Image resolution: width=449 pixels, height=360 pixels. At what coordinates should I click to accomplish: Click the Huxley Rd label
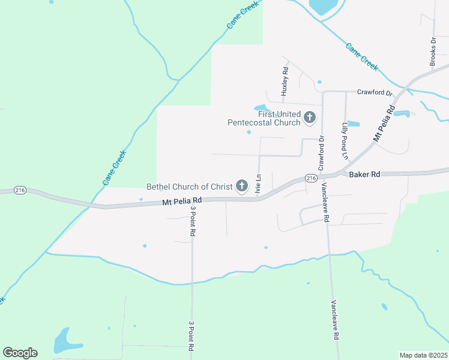pyautogui.click(x=286, y=81)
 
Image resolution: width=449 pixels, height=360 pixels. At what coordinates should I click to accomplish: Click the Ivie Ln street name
pyautogui.click(x=259, y=182)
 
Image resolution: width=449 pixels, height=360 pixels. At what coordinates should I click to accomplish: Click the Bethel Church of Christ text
pyautogui.click(x=190, y=187)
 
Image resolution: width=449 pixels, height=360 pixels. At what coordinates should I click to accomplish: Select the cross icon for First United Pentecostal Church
pyautogui.click(x=310, y=117)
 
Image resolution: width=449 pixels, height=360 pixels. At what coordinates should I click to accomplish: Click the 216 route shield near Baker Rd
pyautogui.click(x=310, y=178)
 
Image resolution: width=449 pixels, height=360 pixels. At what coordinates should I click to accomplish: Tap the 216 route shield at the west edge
pyautogui.click(x=20, y=190)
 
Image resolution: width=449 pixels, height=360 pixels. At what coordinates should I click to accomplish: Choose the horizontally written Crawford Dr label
pyautogui.click(x=374, y=94)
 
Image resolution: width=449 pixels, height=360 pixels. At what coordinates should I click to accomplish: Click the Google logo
pyautogui.click(x=20, y=353)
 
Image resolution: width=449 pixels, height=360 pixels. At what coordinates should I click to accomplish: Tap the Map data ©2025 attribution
pyautogui.click(x=423, y=355)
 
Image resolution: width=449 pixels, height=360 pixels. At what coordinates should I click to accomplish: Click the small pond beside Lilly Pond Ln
pyautogui.click(x=354, y=124)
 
